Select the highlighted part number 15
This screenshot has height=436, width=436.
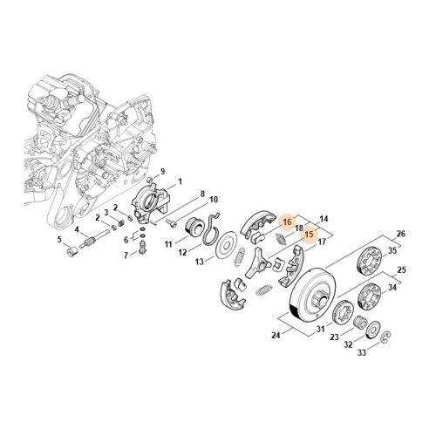point(307,234)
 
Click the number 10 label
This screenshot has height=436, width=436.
point(214,200)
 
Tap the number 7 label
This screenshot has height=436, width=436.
point(126,255)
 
